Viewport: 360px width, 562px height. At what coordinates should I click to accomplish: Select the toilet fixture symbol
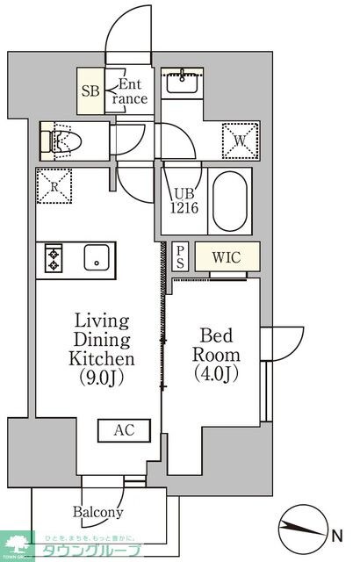pyautogui.click(x=66, y=138)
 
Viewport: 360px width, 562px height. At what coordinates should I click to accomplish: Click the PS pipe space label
pyautogui.click(x=180, y=256)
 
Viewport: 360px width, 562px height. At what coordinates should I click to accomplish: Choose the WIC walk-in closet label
pyautogui.click(x=227, y=257)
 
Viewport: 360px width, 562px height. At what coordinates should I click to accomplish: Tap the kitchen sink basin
pyautogui.click(x=95, y=259)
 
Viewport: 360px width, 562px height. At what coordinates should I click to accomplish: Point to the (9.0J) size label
pyautogui.click(x=102, y=378)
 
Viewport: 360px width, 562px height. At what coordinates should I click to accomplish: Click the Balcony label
pyautogui.click(x=97, y=512)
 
